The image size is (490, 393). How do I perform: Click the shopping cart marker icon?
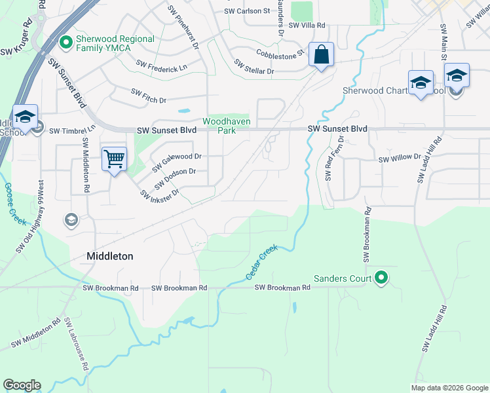click(x=114, y=159)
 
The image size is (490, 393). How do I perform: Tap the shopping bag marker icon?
click(x=321, y=55)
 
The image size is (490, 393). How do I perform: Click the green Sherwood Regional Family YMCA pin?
click(x=65, y=44)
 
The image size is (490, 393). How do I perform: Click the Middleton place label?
click(x=110, y=257)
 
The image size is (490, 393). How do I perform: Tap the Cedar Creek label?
click(x=263, y=263)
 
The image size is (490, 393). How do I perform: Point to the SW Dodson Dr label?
click(x=175, y=178)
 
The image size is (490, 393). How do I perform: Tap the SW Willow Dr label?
click(x=400, y=157)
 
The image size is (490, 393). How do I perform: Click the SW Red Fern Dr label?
click(x=335, y=160)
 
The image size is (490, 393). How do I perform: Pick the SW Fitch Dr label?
click(x=149, y=96)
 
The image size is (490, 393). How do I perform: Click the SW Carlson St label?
click(x=247, y=11)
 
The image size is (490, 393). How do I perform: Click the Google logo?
click(x=22, y=385)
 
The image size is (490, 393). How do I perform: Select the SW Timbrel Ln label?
click(x=72, y=130)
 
